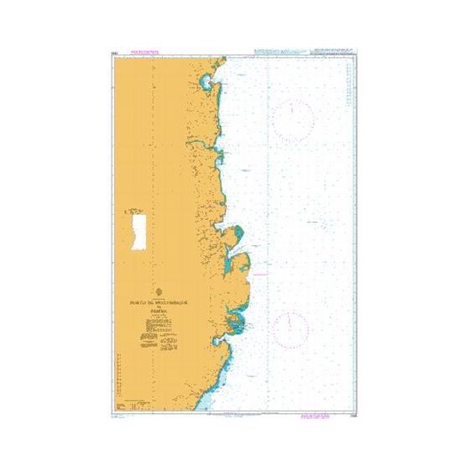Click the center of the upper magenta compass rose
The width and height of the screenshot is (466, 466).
(293, 119)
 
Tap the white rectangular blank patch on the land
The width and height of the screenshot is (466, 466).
(137, 228)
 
